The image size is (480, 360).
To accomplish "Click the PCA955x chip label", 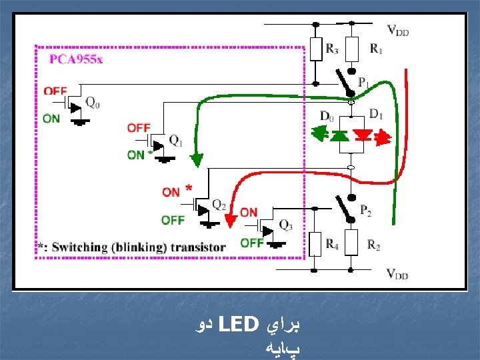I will pos(76,59).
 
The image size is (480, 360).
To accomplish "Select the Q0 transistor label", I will pos(94,102).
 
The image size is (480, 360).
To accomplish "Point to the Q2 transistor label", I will pos(219,204).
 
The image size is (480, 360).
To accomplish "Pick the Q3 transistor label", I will pos(285,225).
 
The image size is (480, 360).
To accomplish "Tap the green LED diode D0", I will pos(339,135).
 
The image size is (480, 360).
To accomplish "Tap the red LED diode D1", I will pos(363,135).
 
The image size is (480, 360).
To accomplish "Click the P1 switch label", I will pos(364,83).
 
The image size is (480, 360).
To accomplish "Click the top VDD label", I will pos(398,30).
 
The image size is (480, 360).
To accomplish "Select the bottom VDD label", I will pos(398,273).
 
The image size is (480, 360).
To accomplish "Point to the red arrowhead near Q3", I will pos(231,221).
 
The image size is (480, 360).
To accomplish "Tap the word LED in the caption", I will pos(237,326).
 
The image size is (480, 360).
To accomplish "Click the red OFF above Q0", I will pos(55,91).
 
